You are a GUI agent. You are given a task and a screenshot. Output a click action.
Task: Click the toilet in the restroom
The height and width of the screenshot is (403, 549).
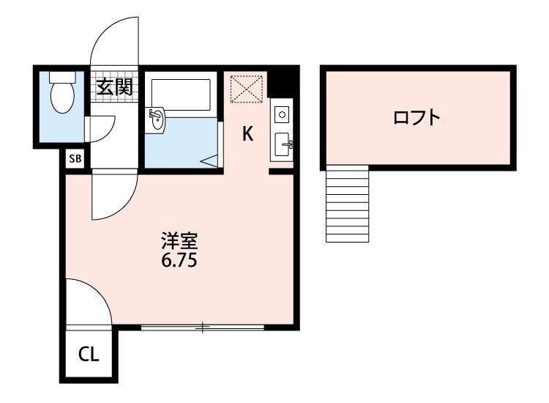(x=61, y=95)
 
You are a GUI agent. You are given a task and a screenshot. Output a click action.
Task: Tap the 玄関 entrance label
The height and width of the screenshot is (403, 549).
(x=114, y=88)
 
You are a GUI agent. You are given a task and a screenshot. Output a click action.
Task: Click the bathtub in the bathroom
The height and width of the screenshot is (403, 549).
(x=181, y=94)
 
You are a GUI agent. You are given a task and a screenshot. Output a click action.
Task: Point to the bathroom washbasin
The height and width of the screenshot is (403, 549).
(x=157, y=121)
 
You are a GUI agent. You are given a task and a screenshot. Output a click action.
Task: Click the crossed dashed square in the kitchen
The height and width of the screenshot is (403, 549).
(x=244, y=89)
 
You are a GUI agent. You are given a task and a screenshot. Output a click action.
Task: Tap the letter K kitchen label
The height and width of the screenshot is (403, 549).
(x=248, y=134)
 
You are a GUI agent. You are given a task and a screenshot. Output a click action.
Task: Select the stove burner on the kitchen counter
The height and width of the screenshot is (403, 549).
(x=282, y=114)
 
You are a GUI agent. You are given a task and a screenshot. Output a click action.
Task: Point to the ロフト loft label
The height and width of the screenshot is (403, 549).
(x=417, y=117)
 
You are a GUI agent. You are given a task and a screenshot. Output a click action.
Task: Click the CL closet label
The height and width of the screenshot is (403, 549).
(x=89, y=356)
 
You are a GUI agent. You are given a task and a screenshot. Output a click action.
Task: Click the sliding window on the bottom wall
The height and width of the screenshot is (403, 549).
(x=202, y=328)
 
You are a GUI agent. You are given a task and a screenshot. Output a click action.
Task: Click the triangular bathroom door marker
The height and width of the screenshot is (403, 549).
(x=209, y=161)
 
